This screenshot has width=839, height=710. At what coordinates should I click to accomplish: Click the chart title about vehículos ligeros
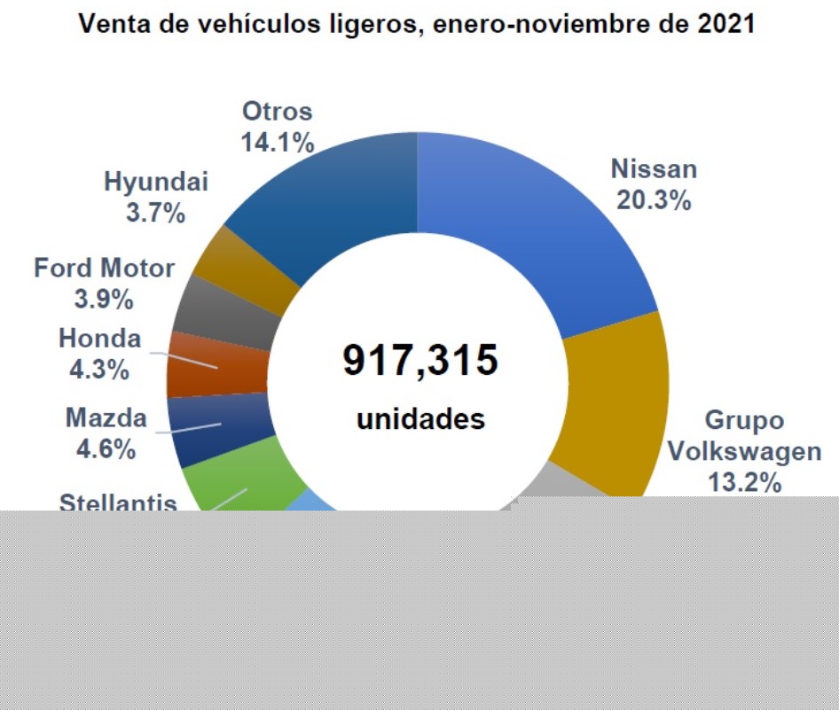point(418,24)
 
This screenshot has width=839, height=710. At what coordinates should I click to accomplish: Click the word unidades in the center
point(420,418)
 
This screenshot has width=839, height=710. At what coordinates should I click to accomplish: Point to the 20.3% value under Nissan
point(655,200)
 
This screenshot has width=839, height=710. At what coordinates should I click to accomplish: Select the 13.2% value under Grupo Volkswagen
point(744,483)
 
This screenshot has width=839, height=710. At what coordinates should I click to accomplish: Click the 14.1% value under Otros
point(278,142)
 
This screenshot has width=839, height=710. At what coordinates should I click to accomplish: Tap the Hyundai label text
point(156,183)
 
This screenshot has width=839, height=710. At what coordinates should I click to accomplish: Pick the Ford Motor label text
point(105,268)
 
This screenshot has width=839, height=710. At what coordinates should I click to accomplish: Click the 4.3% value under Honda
point(99,369)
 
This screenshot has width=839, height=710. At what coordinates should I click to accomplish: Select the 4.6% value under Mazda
point(106,449)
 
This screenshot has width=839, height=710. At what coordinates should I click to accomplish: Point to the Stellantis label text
point(118,503)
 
